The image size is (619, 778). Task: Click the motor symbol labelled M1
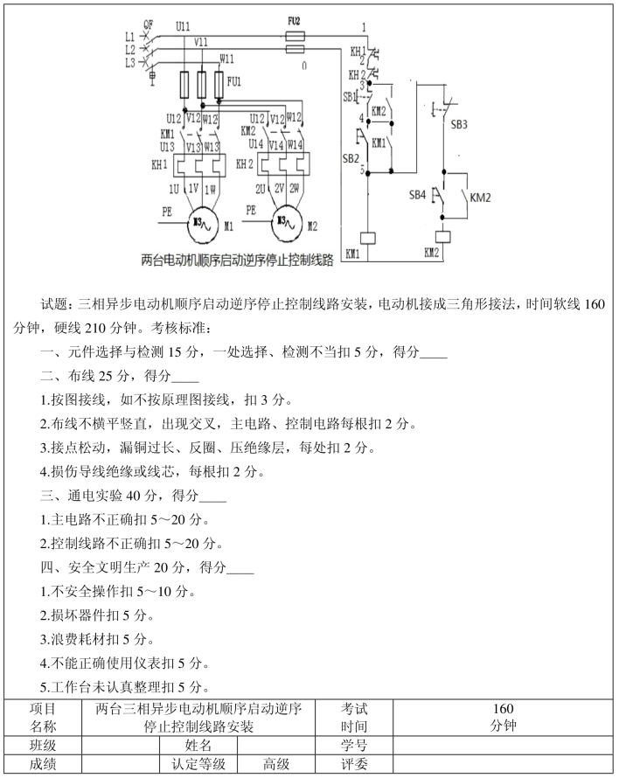point(201,225)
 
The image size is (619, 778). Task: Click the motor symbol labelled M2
point(285,225)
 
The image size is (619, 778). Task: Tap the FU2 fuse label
point(294,21)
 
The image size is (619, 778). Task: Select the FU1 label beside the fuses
point(233,81)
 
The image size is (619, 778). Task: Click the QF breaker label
point(149,24)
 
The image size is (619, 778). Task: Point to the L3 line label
point(130,63)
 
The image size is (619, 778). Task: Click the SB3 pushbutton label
point(459,124)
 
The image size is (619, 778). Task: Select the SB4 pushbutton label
point(417,194)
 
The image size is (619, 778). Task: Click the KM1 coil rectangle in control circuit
point(367,238)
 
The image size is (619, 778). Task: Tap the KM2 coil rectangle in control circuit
point(442,237)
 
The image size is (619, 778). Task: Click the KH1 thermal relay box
point(199,165)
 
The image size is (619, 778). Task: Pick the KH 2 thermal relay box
point(283,165)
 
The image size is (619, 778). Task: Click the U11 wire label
point(183,26)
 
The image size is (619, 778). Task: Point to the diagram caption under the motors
point(237,260)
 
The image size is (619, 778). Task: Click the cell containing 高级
point(276,764)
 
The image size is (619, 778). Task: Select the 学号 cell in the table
point(354,746)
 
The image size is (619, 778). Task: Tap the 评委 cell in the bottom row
point(354,764)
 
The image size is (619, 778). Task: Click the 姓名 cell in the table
point(198,746)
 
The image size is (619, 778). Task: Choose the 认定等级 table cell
point(198,764)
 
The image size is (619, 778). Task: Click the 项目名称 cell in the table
point(43,718)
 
